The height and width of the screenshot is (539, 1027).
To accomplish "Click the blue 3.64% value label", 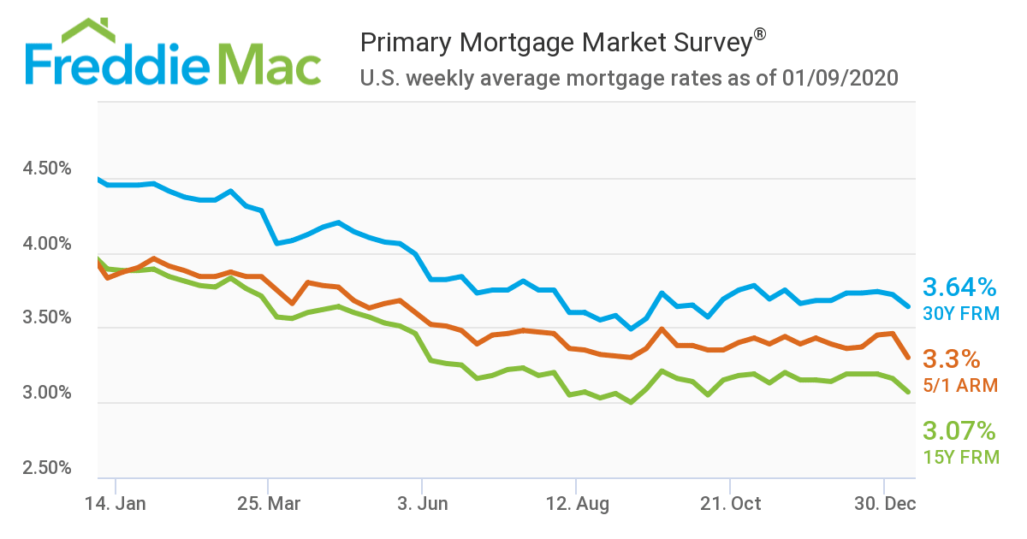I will (x=959, y=287).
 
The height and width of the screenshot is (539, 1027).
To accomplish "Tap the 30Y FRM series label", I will (x=960, y=313).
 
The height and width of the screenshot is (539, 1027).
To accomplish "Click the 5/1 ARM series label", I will (x=960, y=386).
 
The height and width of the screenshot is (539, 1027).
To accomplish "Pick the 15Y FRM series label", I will (x=960, y=458).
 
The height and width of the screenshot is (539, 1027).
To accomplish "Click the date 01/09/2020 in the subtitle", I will (x=840, y=79).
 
